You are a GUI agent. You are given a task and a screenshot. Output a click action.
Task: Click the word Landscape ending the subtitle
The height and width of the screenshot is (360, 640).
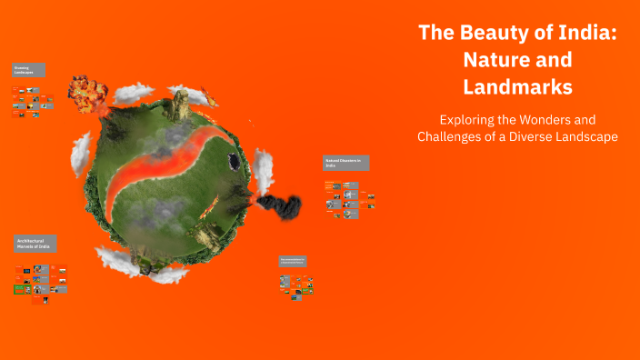(x=596, y=137)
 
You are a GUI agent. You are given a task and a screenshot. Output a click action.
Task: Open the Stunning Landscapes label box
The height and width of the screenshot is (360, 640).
(x=29, y=70)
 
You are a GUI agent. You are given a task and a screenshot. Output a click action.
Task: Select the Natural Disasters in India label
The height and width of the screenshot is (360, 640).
(x=346, y=163)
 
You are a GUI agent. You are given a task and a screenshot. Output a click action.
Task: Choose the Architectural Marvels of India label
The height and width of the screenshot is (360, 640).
(x=35, y=243)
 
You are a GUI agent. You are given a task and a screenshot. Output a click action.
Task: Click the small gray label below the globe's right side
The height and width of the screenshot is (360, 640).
(x=293, y=261)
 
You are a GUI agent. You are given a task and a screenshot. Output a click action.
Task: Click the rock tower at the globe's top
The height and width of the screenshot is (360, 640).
(x=180, y=105)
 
